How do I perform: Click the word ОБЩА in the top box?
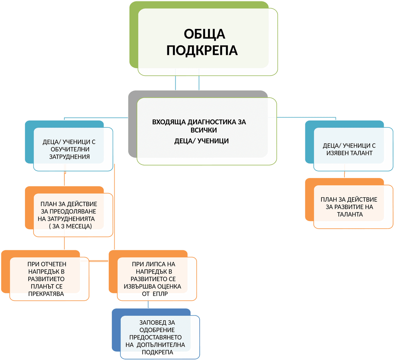[204, 34]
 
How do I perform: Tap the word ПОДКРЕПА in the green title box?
[202, 51]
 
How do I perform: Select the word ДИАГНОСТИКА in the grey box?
[209, 122]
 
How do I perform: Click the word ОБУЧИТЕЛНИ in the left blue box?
[69, 149]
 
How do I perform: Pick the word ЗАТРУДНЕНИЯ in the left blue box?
[69, 157]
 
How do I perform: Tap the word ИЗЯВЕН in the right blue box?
[338, 153]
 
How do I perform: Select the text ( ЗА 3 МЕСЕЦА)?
[70, 226]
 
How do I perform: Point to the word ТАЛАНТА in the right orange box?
[350, 214]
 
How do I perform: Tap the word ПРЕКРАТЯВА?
[46, 294]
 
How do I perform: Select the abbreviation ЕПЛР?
[160, 294]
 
